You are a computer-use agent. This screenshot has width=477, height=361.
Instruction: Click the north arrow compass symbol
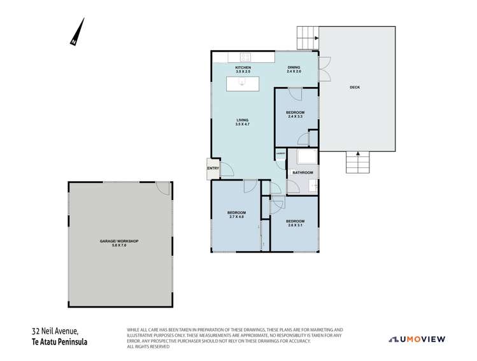click(78, 32)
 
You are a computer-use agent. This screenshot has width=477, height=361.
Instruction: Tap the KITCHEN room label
click(243, 70)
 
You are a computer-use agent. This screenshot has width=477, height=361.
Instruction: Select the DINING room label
click(294, 70)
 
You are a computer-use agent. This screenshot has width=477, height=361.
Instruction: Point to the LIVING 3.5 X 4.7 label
click(242, 123)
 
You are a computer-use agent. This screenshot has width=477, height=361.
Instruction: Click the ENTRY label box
click(211, 168)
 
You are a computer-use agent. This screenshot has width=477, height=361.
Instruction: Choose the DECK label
click(355, 87)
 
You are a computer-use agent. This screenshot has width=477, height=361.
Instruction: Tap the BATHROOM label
click(303, 173)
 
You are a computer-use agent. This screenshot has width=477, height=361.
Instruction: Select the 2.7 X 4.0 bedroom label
click(236, 215)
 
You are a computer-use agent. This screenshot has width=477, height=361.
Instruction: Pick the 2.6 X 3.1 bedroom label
click(294, 223)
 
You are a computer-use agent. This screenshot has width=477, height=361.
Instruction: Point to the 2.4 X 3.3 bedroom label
click(295, 114)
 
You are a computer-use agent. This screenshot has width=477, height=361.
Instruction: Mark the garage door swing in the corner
click(163, 189)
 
